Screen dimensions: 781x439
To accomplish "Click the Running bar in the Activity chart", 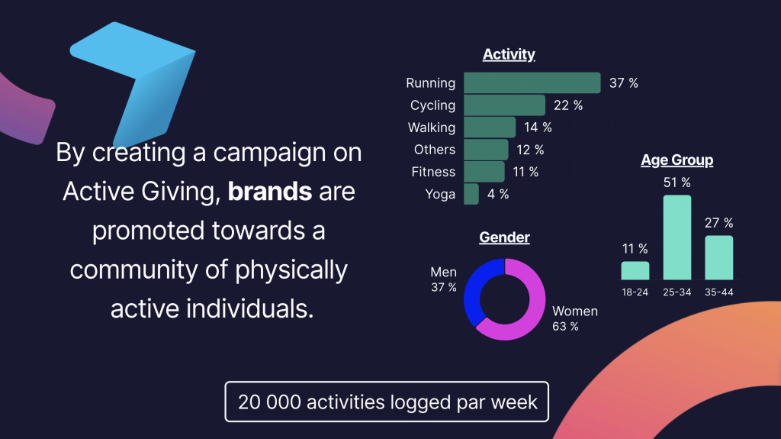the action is pos(532,82).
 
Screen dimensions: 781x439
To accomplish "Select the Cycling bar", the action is pos(505,105).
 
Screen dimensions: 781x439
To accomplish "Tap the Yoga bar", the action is pos(471,194).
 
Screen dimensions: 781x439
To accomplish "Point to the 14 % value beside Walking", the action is pos(538,128).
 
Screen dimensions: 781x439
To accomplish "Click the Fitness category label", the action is pos(433,172).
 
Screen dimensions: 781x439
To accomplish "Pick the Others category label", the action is pos(434,150).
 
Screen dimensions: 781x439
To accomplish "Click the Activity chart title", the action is pos(509,54).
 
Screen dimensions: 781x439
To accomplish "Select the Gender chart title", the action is pos(504,237).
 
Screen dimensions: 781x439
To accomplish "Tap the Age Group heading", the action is pos(677,160).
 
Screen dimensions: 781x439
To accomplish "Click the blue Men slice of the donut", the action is pos(472,295).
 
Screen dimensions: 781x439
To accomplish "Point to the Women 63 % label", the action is pos(575,318).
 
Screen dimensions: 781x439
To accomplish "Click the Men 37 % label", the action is pos(443,279).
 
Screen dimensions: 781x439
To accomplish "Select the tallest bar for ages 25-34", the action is pos(677,237).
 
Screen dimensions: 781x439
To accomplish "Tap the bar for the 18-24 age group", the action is pos(635,270).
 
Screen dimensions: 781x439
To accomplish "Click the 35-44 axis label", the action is pos(718,292).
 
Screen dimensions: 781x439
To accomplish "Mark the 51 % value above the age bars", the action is pos(677,182).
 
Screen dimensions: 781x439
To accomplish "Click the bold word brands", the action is pos(270,192).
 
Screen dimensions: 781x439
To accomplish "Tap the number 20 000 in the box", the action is pos(269,402).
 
